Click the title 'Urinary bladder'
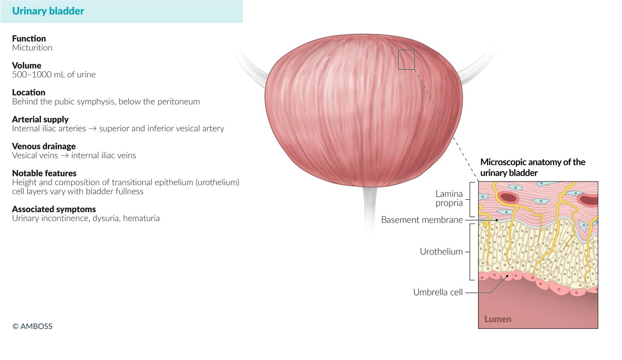48,11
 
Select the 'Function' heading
29,38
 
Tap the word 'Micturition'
32,48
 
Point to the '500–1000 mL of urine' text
54,75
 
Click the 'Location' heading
28,93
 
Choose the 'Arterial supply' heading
40,119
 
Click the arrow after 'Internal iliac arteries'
93,129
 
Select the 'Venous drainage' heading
44,146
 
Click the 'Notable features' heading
44,173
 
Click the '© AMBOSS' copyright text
32,326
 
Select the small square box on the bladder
406,59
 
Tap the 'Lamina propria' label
449,198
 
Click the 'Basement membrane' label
421,220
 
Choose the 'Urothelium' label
441,252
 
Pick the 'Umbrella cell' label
438,292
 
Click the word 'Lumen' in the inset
498,319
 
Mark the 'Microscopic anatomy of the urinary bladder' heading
532,167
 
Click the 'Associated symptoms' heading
54,209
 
